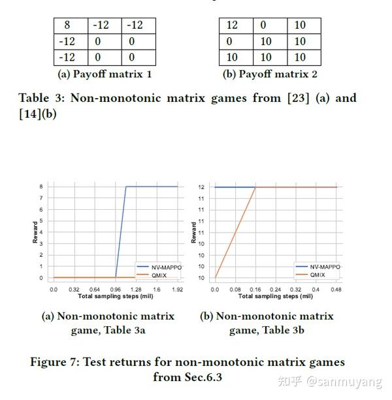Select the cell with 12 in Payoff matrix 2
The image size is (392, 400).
coord(232,25)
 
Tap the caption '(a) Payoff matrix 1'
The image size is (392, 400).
coord(105,74)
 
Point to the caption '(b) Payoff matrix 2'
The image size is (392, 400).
coord(270,74)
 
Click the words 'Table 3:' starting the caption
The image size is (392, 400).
coord(41,98)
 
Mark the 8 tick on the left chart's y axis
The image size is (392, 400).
coord(41,187)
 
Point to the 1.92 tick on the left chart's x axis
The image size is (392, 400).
coord(177,288)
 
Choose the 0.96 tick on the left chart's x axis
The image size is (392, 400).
coord(115,288)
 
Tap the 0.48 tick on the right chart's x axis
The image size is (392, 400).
coord(336,288)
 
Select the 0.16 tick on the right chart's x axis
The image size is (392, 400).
coord(255,288)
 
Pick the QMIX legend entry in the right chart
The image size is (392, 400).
coord(318,275)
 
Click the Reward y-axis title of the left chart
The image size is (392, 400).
coord(35,233)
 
